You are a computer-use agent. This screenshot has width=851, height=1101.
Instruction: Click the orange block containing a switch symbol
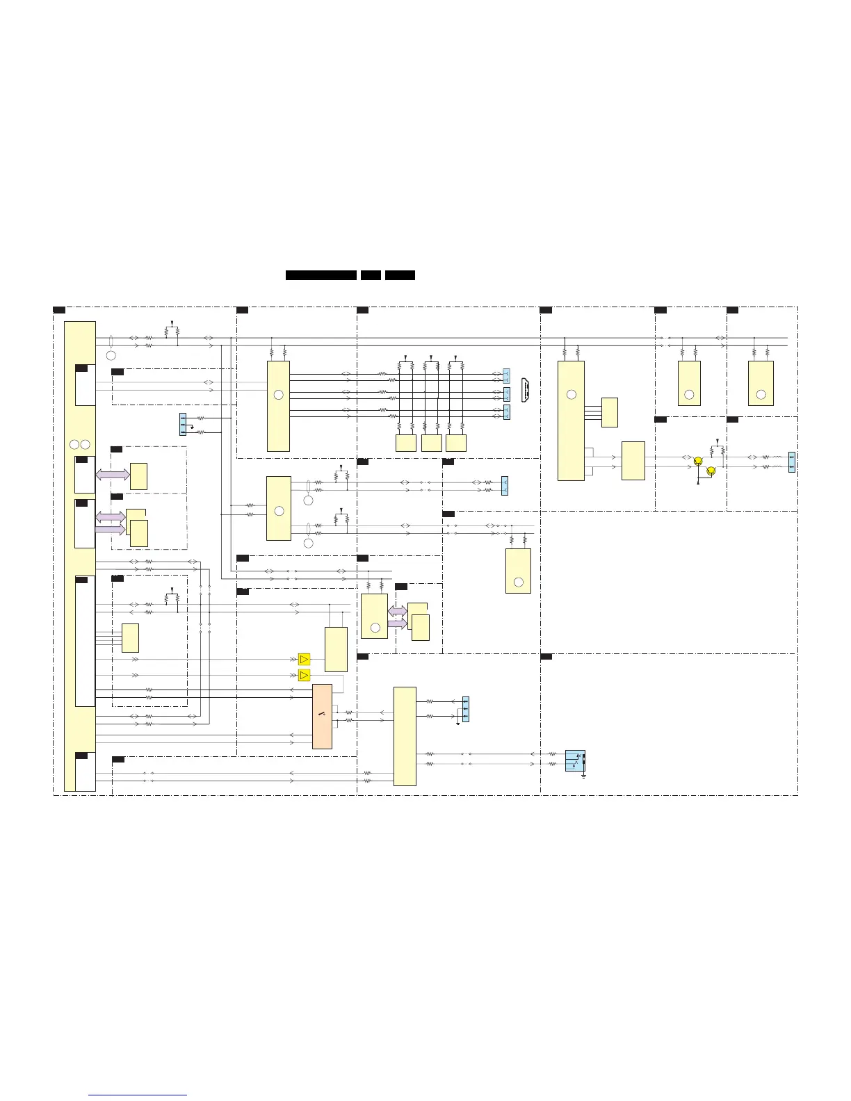point(322,716)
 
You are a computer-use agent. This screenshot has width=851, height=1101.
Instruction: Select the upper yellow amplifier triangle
point(304,659)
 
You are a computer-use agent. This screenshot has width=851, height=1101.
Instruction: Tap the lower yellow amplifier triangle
point(304,676)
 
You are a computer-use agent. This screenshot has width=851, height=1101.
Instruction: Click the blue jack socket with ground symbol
point(575,760)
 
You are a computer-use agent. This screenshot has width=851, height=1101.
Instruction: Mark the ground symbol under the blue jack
point(584,776)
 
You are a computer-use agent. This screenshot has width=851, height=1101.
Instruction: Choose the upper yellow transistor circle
point(698,460)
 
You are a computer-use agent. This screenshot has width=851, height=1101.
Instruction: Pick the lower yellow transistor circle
point(710,471)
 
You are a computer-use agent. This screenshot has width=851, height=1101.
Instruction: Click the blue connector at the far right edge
point(791,462)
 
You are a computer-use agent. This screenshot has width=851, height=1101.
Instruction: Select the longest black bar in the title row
point(321,275)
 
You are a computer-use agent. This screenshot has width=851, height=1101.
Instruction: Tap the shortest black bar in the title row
point(371,275)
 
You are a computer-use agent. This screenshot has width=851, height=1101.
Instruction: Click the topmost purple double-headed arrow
point(112,475)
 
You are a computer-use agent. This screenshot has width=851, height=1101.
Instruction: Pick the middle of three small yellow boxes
point(431,443)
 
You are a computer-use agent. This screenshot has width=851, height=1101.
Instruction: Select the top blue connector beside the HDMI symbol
point(506,377)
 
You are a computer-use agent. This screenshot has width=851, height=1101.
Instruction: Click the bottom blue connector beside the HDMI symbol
point(506,412)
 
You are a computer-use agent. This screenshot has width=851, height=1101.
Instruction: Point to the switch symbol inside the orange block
point(321,714)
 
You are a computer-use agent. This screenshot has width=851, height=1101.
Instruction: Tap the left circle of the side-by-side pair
point(74,444)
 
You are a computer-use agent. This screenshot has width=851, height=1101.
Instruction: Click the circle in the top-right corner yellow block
point(761,395)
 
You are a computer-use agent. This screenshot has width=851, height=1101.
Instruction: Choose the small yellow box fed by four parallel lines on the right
point(609,412)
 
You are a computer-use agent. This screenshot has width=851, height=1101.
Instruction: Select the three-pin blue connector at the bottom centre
point(465,709)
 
